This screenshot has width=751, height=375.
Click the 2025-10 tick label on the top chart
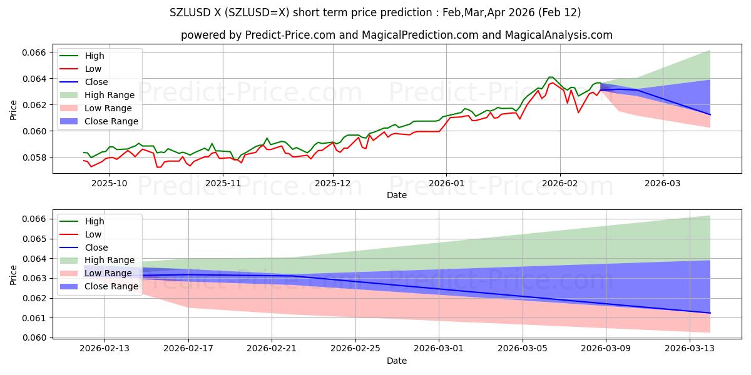tap(110, 183)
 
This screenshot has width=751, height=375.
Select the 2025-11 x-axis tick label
tap(223, 183)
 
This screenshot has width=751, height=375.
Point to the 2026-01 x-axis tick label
tap(446, 183)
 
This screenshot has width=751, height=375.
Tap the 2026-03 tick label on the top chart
tap(663, 183)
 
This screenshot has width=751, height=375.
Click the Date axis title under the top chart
tap(397, 195)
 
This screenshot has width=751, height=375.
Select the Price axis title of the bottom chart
tap(14, 275)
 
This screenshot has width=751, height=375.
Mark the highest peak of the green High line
tap(551, 77)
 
